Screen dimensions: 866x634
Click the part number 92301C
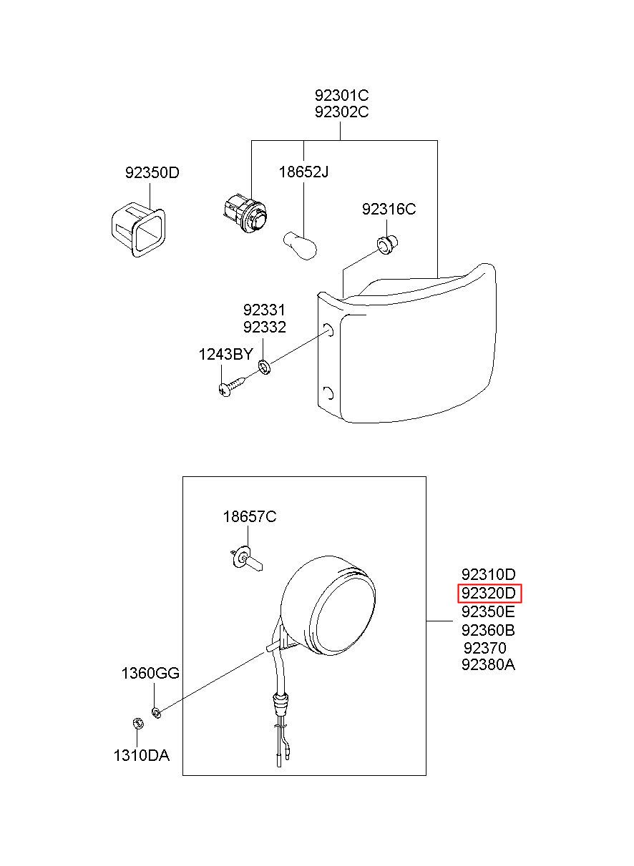pyautogui.click(x=341, y=95)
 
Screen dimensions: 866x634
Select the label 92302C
pyautogui.click(x=341, y=112)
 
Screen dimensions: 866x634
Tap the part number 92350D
pyautogui.click(x=152, y=172)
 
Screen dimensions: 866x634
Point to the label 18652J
pyautogui.click(x=303, y=172)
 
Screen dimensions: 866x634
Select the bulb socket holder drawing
pyautogui.click(x=243, y=212)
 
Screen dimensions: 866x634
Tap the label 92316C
pyautogui.click(x=389, y=210)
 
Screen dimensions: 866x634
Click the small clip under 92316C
pyautogui.click(x=388, y=245)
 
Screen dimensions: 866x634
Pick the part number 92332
pyautogui.click(x=264, y=328)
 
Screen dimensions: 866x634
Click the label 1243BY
pyautogui.click(x=225, y=354)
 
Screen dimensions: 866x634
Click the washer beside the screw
pyautogui.click(x=264, y=368)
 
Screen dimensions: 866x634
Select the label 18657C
pyautogui.click(x=249, y=517)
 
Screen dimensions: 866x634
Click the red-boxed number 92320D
pyautogui.click(x=489, y=593)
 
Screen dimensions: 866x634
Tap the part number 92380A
pyautogui.click(x=489, y=664)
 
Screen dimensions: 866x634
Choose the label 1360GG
pyautogui.click(x=150, y=673)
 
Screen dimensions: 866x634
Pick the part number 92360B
pyautogui.click(x=489, y=630)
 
